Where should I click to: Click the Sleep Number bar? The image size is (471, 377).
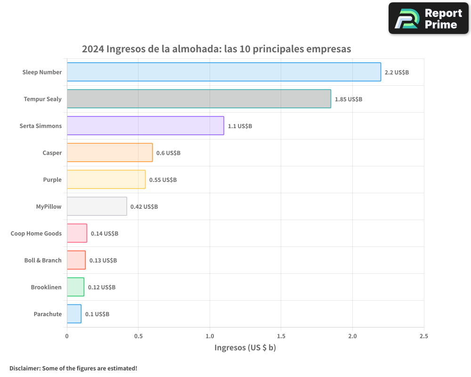click(x=224, y=72)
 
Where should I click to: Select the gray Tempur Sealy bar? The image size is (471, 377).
click(x=199, y=99)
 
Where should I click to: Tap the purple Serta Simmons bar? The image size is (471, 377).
click(x=145, y=126)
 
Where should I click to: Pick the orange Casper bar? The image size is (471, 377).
click(x=110, y=153)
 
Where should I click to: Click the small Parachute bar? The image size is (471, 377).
click(x=74, y=314)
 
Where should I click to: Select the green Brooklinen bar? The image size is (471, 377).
click(x=75, y=287)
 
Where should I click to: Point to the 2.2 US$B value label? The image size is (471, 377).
click(x=397, y=72)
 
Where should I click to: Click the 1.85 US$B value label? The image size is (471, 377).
click(x=348, y=99)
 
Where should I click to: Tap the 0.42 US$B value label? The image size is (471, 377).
click(x=144, y=206)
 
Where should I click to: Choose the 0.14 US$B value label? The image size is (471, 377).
click(x=104, y=233)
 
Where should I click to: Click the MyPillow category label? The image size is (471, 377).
click(x=49, y=206)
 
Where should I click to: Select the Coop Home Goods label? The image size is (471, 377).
click(x=36, y=233)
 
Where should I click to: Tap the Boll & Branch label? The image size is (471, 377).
click(x=43, y=260)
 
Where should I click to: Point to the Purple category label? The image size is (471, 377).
click(x=52, y=180)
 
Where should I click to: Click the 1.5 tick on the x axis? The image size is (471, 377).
click(x=281, y=336)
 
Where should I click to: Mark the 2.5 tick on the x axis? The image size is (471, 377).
click(x=423, y=336)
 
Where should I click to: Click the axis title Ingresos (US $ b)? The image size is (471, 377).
click(x=245, y=348)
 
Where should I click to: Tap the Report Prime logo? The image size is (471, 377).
click(x=428, y=18)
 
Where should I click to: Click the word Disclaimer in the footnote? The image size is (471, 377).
click(x=24, y=368)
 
